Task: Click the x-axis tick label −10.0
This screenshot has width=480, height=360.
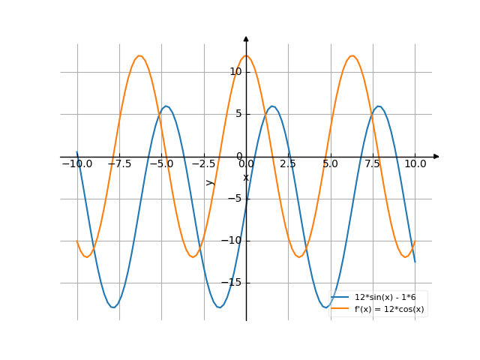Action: click(76, 163)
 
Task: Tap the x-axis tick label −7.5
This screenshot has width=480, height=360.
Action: click(118, 163)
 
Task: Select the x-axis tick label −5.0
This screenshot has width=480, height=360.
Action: click(161, 163)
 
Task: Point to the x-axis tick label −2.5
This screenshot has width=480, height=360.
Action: click(203, 163)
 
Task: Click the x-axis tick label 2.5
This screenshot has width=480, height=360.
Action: click(288, 163)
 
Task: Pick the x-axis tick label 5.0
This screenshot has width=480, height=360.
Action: click(331, 163)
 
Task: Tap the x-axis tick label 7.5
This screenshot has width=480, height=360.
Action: click(373, 163)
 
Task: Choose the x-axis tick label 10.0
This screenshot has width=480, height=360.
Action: click(415, 163)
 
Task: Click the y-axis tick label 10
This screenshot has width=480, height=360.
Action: click(235, 72)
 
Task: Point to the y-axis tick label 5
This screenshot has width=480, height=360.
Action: click(238, 114)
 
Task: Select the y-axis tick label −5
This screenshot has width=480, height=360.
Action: click(235, 199)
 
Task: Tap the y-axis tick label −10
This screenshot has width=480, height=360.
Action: click(233, 241)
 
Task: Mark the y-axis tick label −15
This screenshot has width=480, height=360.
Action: click(233, 283)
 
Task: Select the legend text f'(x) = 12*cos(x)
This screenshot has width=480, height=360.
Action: click(389, 308)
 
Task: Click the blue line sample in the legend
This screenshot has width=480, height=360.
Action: click(341, 298)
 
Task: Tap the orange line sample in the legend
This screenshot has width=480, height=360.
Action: click(341, 308)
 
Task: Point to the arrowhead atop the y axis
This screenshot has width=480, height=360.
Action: click(246, 38)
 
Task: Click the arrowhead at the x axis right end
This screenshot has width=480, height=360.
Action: click(436, 157)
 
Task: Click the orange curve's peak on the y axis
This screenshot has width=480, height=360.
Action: click(246, 56)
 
